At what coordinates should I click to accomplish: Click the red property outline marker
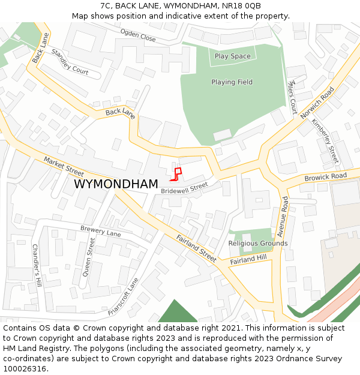176,173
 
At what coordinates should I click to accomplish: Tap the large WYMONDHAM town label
116,184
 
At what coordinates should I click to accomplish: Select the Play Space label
232,56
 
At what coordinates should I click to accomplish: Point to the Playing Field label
232,82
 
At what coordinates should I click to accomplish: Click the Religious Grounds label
257,244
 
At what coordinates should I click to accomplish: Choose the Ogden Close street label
137,35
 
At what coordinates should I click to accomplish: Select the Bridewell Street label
184,188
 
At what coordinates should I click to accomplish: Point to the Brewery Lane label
100,231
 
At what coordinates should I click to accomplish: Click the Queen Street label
88,256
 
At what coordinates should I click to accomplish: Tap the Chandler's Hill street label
37,265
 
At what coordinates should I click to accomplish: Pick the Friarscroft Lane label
124,296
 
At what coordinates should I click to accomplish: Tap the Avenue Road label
283,215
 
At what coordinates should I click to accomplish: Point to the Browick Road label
325,177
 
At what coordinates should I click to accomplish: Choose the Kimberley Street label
325,141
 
